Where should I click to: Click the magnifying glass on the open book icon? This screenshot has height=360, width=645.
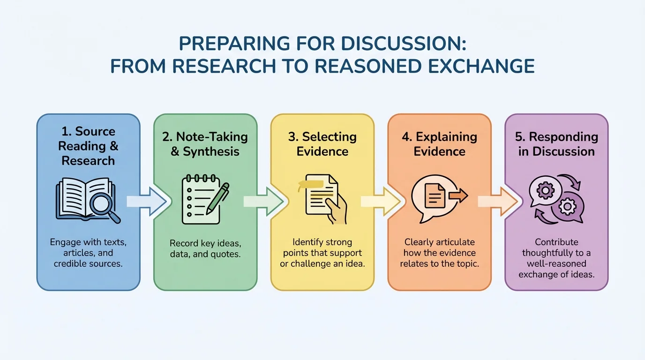tap(104, 205)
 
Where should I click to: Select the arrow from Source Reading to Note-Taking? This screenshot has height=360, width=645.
tap(147, 202)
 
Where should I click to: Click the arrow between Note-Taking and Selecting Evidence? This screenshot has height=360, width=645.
tap(263, 202)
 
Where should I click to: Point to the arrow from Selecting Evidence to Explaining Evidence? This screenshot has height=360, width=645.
tap(381, 202)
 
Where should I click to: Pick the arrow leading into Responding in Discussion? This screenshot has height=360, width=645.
tap(498, 202)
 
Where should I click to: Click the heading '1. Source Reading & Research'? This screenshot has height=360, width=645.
tap(88, 146)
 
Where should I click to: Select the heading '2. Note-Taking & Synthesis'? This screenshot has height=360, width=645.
tap(205, 144)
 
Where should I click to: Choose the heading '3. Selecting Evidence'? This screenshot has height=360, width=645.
tap(322, 144)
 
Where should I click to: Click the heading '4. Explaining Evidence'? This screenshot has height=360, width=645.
tap(440, 144)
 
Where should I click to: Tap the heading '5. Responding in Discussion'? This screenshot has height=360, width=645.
tap(556, 144)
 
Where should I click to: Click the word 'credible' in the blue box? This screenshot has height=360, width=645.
tap(70, 263)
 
